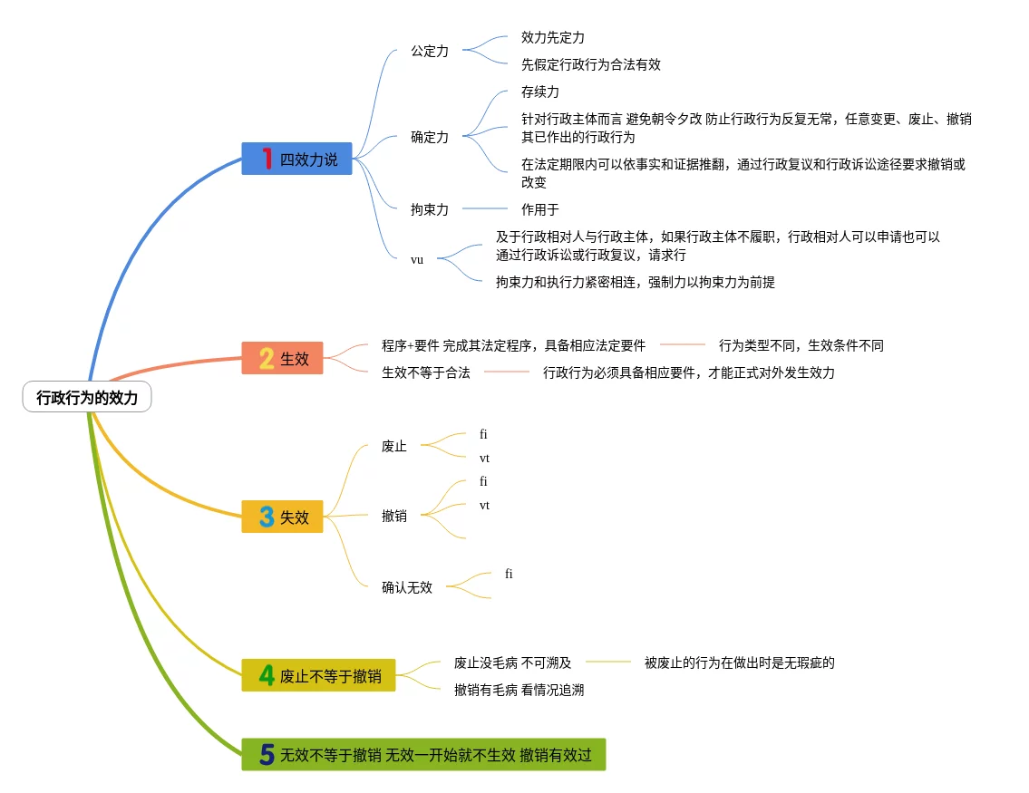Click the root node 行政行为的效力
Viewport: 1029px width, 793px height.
click(x=87, y=397)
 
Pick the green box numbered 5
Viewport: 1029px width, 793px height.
click(x=423, y=754)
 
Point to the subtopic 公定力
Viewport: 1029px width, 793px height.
click(x=429, y=52)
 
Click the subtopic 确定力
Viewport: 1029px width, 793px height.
click(x=429, y=138)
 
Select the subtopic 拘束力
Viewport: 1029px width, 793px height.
click(x=429, y=209)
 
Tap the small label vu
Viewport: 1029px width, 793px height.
click(x=417, y=259)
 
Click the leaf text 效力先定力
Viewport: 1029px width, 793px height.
click(x=552, y=38)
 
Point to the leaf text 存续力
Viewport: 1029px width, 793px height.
click(x=539, y=92)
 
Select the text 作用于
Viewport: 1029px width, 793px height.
click(x=539, y=209)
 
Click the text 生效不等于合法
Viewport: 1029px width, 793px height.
click(x=425, y=372)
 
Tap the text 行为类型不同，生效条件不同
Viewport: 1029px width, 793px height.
click(x=801, y=345)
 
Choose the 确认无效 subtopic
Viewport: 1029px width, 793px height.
click(x=407, y=587)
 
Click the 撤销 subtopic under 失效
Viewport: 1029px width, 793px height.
click(x=394, y=516)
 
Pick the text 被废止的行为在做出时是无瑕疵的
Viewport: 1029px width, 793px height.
click(x=739, y=662)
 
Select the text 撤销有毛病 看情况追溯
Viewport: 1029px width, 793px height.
click(x=519, y=690)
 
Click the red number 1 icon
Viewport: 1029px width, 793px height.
click(x=267, y=160)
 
